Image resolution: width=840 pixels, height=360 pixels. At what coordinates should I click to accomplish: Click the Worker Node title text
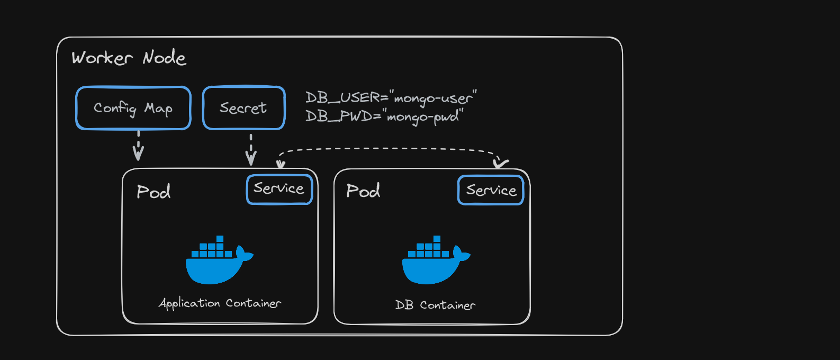pyautogui.click(x=129, y=58)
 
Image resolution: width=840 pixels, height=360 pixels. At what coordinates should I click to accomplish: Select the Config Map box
pyautogui.click(x=133, y=108)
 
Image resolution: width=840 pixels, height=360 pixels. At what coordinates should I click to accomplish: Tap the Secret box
pyautogui.click(x=243, y=108)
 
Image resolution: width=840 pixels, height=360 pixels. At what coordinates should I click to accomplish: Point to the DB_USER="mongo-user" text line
pyautogui.click(x=391, y=98)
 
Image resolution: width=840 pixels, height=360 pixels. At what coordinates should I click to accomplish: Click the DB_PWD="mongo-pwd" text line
pyautogui.click(x=384, y=116)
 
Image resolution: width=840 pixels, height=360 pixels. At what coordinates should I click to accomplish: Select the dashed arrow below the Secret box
pyautogui.click(x=251, y=149)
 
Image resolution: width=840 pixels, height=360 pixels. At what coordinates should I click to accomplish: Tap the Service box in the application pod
pyautogui.click(x=279, y=189)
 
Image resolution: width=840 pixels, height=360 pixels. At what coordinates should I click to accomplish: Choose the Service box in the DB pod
pyautogui.click(x=491, y=190)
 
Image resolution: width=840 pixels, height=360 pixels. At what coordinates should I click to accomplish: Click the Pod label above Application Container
pyautogui.click(x=153, y=192)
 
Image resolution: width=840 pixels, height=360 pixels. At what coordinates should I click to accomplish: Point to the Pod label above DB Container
pyautogui.click(x=363, y=191)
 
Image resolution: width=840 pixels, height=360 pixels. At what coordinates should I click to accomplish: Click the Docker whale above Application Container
pyautogui.click(x=219, y=260)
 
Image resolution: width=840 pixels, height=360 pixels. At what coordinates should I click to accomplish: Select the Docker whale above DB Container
pyautogui.click(x=435, y=260)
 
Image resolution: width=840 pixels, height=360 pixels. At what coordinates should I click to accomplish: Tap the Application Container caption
pyautogui.click(x=220, y=303)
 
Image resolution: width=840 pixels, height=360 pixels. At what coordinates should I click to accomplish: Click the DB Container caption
pyautogui.click(x=435, y=305)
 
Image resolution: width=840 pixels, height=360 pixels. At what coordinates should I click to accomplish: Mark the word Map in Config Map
pyautogui.click(x=158, y=109)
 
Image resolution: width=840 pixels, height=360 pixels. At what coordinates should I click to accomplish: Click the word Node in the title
pyautogui.click(x=164, y=57)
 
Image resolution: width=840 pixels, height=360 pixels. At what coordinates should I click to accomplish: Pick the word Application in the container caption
pyautogui.click(x=189, y=303)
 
